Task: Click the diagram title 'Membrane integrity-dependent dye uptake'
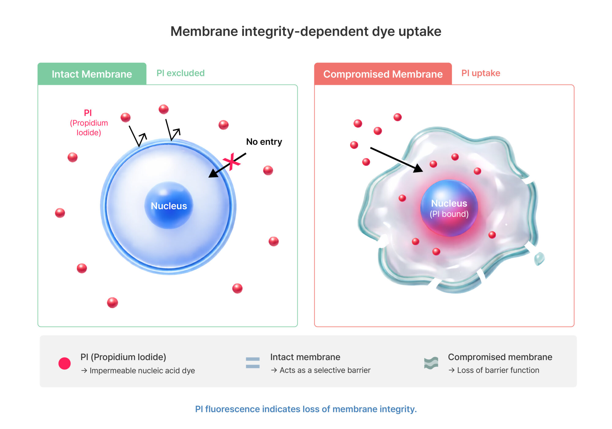click(x=306, y=31)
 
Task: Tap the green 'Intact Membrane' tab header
click(x=92, y=74)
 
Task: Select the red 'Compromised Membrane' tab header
click(x=383, y=74)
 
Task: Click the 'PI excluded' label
click(x=181, y=73)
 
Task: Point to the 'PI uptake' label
click(x=481, y=73)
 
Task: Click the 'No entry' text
click(x=264, y=142)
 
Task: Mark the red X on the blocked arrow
click(x=232, y=161)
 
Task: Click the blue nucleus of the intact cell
click(x=169, y=205)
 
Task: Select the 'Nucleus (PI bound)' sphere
click(x=449, y=208)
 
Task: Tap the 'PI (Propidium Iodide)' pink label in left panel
click(x=88, y=123)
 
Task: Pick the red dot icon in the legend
click(x=65, y=363)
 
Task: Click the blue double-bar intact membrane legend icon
click(x=253, y=363)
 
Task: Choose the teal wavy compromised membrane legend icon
click(x=431, y=363)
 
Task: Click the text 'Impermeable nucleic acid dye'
click(x=142, y=371)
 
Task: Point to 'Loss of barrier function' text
click(x=498, y=370)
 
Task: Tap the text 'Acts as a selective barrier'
click(x=325, y=370)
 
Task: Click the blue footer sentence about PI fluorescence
click(x=306, y=409)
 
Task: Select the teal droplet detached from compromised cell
click(x=539, y=259)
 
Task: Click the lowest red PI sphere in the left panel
click(x=112, y=302)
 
